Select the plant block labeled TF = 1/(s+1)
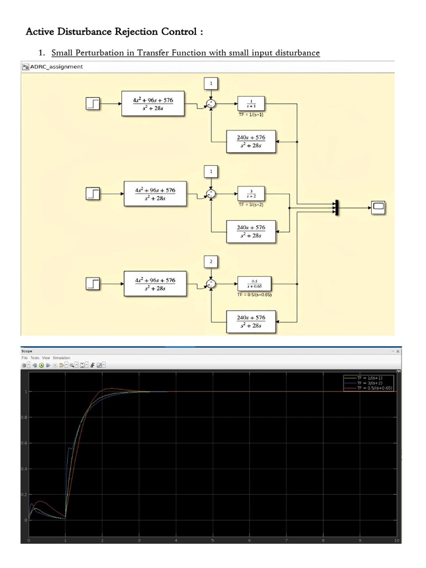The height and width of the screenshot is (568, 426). (251, 103)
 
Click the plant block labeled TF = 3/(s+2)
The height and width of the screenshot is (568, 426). (251, 193)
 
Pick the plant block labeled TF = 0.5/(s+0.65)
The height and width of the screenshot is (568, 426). (251, 283)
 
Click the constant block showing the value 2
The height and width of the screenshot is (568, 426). (211, 261)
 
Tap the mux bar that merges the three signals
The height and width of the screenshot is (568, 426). (336, 207)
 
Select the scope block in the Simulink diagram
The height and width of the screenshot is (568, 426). (379, 207)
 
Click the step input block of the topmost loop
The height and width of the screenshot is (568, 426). (93, 103)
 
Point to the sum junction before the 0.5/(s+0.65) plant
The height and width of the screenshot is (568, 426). (211, 283)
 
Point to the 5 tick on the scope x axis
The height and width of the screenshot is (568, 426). (213, 540)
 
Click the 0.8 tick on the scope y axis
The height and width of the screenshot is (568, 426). (25, 417)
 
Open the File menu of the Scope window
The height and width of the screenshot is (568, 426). (24, 358)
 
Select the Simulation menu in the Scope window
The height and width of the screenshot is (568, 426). (62, 358)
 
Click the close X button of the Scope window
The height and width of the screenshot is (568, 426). (397, 351)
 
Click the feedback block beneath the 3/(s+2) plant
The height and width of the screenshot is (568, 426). (251, 231)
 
